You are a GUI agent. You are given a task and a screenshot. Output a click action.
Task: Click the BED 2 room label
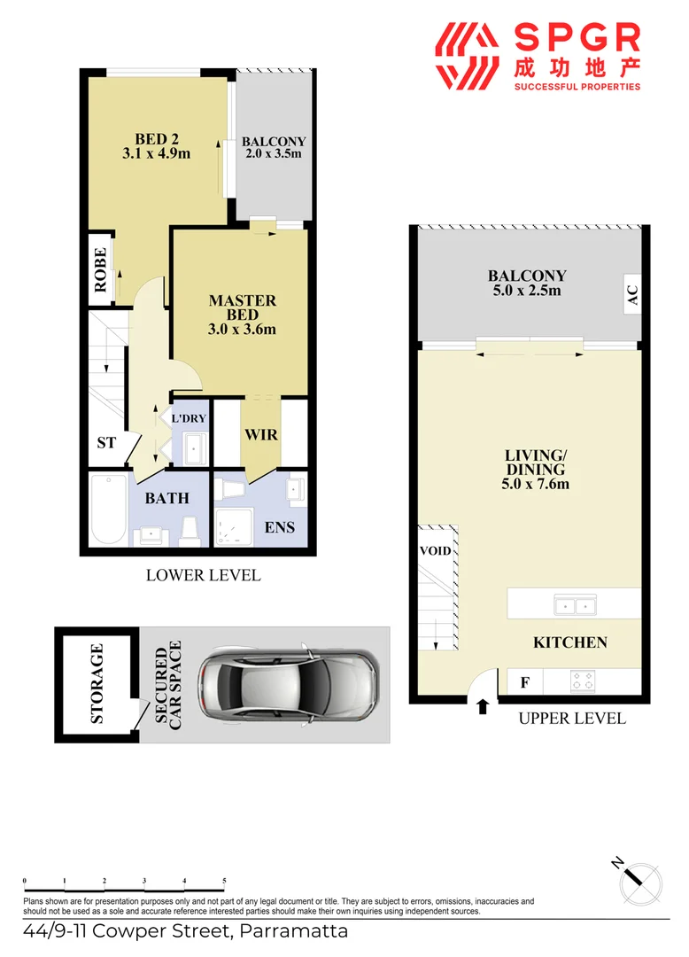tap(157, 139)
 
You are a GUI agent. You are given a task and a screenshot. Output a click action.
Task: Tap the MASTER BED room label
tap(242, 301)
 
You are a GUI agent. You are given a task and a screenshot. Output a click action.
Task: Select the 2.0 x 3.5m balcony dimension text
tap(274, 153)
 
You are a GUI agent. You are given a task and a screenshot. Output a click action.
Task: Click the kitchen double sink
tap(573, 606)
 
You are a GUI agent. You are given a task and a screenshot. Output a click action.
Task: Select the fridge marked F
tap(525, 682)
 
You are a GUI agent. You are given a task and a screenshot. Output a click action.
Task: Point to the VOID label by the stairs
tap(436, 551)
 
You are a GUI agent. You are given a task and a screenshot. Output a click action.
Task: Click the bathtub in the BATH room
tap(108, 510)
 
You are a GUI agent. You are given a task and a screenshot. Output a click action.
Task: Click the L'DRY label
tap(188, 418)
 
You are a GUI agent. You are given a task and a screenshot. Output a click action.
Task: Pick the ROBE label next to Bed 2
tap(99, 269)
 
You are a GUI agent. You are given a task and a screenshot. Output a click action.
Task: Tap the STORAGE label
tap(97, 684)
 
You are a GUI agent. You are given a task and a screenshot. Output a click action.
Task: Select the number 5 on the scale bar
tap(224, 881)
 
